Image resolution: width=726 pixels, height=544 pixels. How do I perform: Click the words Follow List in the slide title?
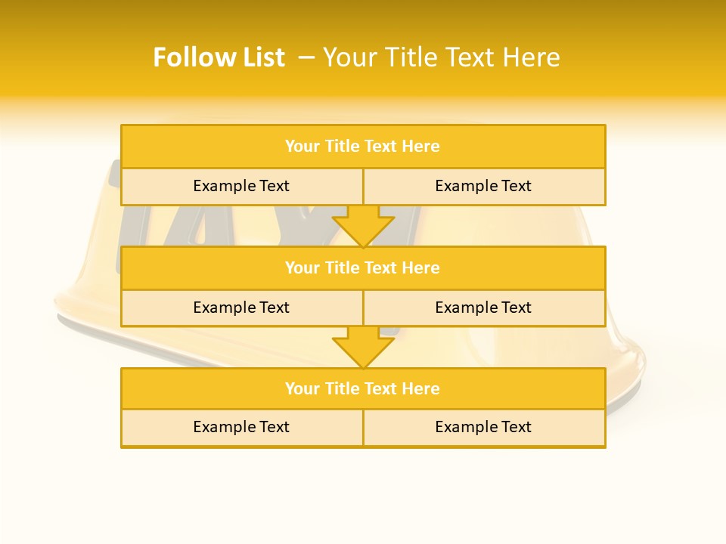219,57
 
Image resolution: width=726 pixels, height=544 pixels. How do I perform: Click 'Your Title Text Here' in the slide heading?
442,57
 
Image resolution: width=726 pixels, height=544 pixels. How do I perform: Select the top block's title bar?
363,147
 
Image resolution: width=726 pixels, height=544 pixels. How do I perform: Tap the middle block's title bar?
363,268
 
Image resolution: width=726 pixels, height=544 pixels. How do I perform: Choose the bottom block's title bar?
363,389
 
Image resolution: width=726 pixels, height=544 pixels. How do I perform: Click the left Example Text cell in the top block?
241,187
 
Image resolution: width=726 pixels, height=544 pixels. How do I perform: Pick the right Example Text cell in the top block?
483,187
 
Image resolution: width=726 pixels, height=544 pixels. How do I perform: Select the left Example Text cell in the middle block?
241,308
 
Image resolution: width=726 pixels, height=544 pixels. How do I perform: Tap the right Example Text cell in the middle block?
483,308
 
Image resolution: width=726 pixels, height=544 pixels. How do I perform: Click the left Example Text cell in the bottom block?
241,428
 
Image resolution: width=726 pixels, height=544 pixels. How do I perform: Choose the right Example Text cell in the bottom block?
483,428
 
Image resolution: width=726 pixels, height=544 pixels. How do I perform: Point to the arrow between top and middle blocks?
363,227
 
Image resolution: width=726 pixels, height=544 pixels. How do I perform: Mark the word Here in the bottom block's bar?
421,389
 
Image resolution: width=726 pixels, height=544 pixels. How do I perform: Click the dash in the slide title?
306,57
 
